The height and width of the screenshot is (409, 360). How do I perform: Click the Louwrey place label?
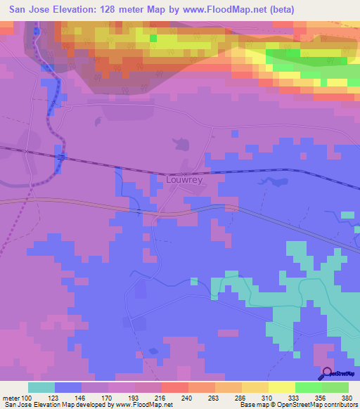(184, 180)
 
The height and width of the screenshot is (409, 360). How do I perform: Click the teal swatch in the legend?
(41, 387)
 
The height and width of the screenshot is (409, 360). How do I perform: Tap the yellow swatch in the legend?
(282, 387)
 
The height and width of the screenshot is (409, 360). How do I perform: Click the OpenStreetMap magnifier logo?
(328, 373)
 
